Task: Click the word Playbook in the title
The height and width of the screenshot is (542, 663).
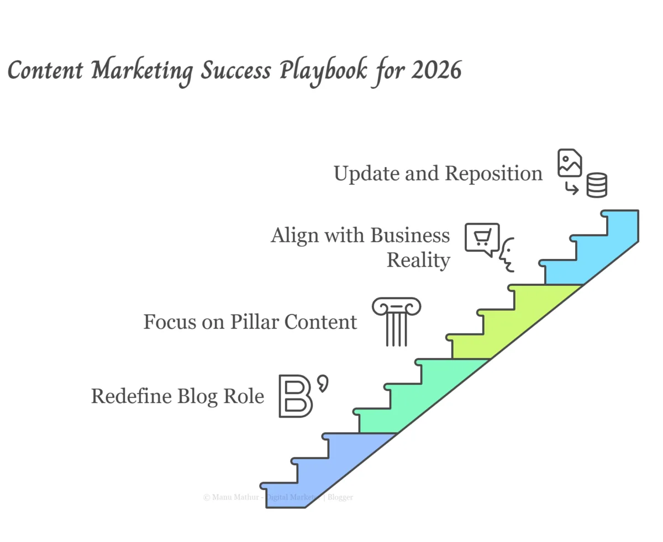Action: (322, 72)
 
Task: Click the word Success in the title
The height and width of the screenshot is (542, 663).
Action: (236, 72)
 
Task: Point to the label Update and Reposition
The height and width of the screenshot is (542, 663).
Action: (438, 173)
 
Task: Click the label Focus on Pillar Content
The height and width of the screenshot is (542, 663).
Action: (250, 321)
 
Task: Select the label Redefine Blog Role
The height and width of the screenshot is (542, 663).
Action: (177, 396)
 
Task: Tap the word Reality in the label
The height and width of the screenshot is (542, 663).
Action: (418, 259)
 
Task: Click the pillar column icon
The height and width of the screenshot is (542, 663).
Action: (396, 322)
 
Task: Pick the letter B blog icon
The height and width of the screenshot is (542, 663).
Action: (296, 395)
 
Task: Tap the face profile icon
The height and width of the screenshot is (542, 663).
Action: (507, 254)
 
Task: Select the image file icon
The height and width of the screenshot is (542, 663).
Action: (570, 163)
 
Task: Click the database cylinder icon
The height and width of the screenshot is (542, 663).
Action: (597, 185)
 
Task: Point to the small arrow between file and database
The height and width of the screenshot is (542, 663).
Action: (571, 189)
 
